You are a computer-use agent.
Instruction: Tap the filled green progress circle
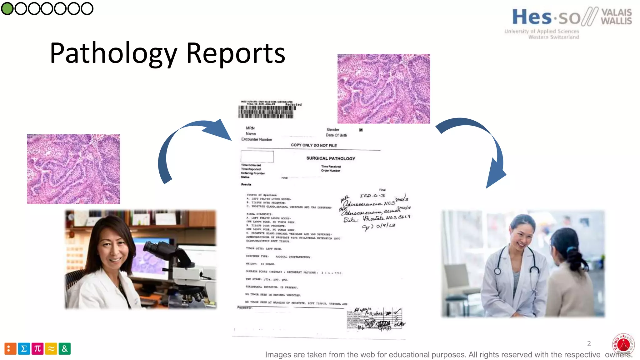point(7,8)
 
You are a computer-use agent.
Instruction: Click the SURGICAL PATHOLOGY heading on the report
point(331,158)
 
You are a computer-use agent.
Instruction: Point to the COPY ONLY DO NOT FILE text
point(314,145)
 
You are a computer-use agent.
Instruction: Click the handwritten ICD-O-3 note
point(372,196)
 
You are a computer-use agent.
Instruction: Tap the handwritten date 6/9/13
point(385,226)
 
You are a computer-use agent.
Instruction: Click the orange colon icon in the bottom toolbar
point(10,348)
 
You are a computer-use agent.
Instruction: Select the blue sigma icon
point(24,348)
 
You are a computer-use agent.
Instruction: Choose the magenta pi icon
point(37,348)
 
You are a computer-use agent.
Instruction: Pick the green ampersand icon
point(65,348)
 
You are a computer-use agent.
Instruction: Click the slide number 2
point(589,343)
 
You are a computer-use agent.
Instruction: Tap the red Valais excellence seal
point(623,344)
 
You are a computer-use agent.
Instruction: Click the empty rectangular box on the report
point(257,157)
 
